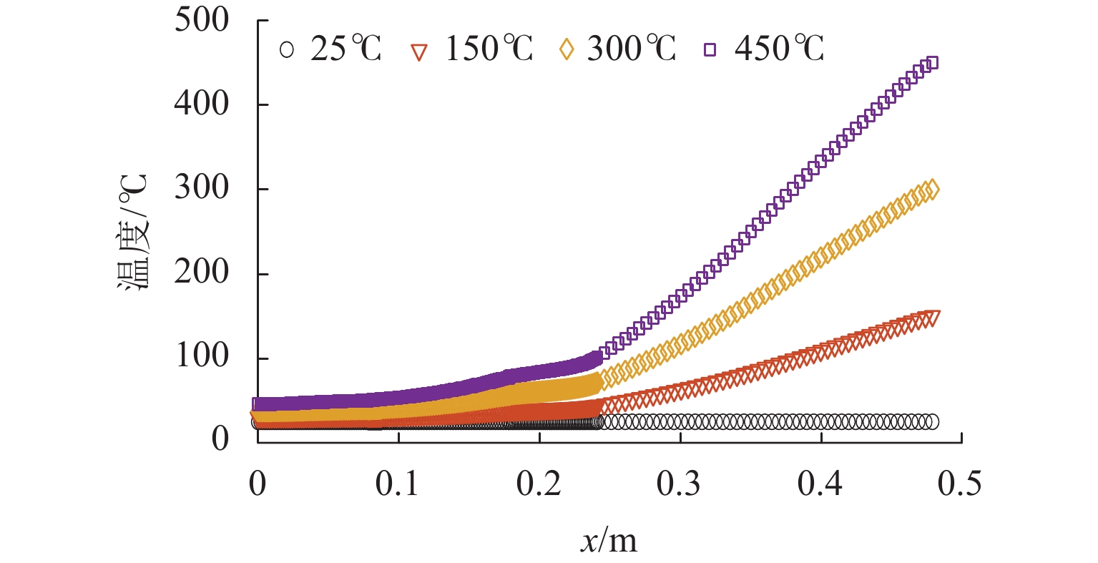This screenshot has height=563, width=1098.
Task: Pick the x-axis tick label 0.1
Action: point(398,484)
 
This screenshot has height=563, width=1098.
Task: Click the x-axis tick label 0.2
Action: point(539,484)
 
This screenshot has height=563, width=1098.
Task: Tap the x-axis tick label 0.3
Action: point(680,484)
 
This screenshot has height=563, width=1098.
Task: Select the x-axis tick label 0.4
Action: point(821,484)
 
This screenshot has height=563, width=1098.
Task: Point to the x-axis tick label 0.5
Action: point(961,484)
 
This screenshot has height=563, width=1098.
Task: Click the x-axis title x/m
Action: point(608,541)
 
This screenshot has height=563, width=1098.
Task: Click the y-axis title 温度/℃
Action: point(132,230)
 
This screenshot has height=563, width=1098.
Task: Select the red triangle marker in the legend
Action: point(419,52)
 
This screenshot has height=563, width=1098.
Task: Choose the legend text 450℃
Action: point(780,49)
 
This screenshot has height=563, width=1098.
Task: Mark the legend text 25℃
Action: point(346,49)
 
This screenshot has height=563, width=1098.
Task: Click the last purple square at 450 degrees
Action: point(931,63)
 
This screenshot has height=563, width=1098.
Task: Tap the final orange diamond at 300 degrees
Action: point(931,190)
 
